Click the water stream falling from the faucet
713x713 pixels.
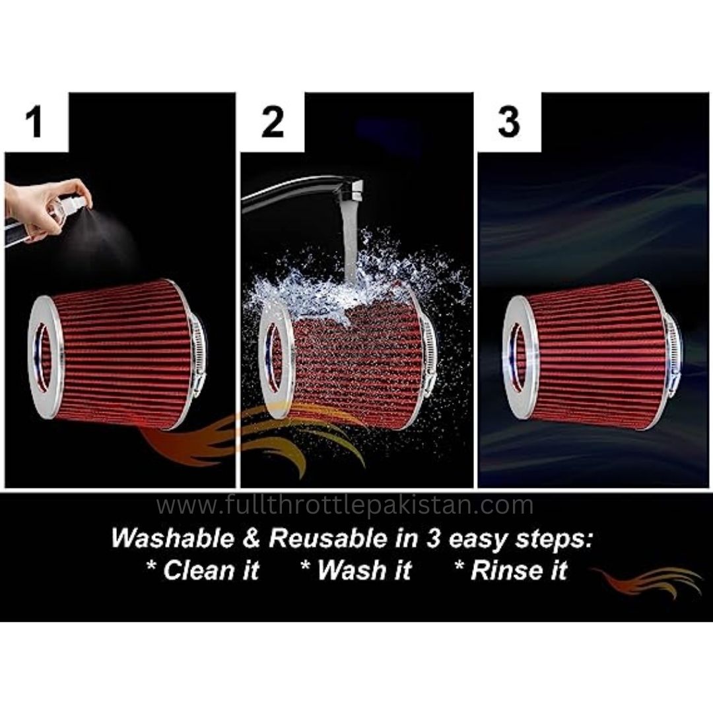348,244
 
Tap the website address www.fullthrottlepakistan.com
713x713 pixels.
345,506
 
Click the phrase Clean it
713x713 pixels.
203,569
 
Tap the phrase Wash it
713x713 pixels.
356,569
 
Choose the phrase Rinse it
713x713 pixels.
511,569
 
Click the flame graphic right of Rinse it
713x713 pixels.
647,581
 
